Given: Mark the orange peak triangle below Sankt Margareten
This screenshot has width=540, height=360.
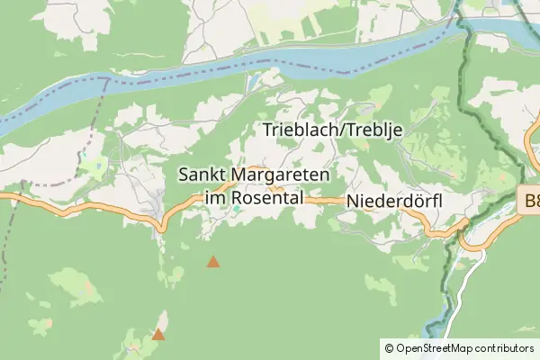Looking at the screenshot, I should pyautogui.click(x=213, y=262).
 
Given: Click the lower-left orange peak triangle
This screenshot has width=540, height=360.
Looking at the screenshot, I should pyautogui.click(x=158, y=335).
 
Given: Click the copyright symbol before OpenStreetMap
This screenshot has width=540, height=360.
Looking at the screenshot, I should pyautogui.click(x=389, y=347).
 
